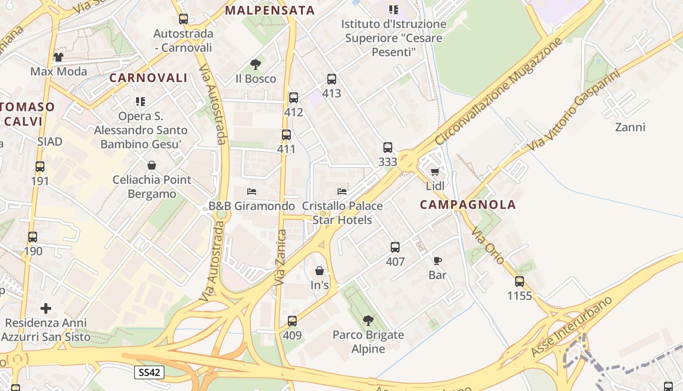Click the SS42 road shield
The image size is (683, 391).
pos(149,372)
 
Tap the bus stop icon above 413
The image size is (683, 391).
pos(332,79)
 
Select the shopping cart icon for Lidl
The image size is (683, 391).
pos(435,172)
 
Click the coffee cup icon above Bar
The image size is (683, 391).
pos(437,261)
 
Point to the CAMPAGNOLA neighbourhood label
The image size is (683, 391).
pos(467,205)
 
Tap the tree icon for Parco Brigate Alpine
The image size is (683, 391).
pos(368,321)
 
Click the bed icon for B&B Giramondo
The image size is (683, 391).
pos(252,191)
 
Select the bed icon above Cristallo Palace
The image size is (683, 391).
pos(342,191)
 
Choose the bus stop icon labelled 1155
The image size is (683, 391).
pos(520,282)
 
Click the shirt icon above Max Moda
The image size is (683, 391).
pos(59,57)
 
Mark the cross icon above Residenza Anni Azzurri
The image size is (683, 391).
pos(46,308)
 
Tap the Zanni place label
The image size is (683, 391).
pos(630,128)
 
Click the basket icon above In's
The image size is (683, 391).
pos(320,270)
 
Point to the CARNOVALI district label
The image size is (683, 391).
pos(148,78)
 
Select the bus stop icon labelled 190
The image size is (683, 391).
pos(33,237)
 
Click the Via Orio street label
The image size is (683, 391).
pos(488,247)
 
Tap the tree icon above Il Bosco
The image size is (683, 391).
pos(255,64)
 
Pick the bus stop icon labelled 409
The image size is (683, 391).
pos(292,321)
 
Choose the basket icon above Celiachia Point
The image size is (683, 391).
pos(152,165)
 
